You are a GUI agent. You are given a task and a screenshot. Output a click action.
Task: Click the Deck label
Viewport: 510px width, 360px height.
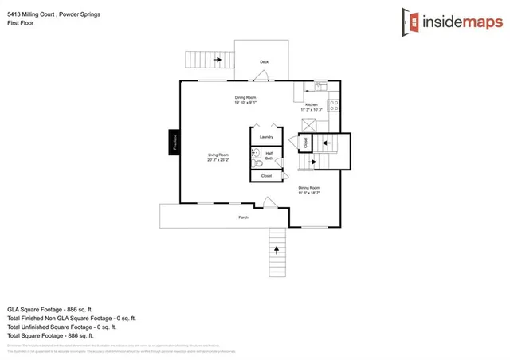point(264,62)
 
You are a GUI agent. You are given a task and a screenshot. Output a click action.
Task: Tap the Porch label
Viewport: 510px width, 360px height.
point(243,217)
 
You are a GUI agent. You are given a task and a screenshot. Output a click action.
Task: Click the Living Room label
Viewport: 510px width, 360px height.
point(219,158)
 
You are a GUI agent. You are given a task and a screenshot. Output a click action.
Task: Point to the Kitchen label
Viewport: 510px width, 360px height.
point(312,106)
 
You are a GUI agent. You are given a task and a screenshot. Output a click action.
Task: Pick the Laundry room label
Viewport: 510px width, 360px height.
point(266,137)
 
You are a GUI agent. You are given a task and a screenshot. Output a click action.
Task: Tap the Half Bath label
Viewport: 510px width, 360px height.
point(269,156)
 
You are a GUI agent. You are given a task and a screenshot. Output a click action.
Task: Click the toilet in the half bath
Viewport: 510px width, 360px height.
point(257,156)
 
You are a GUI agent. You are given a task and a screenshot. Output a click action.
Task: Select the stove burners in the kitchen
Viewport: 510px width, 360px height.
point(334,104)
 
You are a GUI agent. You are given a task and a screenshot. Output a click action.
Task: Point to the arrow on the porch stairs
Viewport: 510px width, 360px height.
point(277,250)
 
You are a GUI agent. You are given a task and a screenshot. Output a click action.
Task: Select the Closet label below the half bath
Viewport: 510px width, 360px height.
point(266,175)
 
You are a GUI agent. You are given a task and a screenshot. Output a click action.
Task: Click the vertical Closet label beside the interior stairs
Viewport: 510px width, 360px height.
point(304,143)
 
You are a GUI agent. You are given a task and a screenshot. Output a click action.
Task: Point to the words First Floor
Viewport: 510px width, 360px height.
point(21,23)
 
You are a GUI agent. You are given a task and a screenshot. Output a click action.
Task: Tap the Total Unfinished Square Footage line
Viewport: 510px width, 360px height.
point(61,327)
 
